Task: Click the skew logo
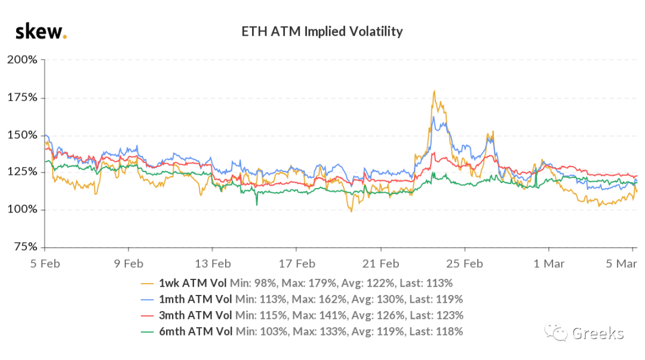coord(41,32)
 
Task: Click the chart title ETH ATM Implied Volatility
coord(322,32)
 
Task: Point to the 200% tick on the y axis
coord(22,60)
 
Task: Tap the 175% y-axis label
coord(22,97)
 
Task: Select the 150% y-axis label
coord(22,135)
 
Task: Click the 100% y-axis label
coord(22,210)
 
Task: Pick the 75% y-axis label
coord(26,247)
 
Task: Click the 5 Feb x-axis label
coord(45,264)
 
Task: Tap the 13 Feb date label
coord(213,264)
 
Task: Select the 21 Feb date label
coord(380,264)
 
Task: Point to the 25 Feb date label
coord(465,264)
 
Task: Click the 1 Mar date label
coord(549,264)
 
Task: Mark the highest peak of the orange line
coord(434,91)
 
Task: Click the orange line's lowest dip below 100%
coord(351,211)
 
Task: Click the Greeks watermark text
coord(598,333)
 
